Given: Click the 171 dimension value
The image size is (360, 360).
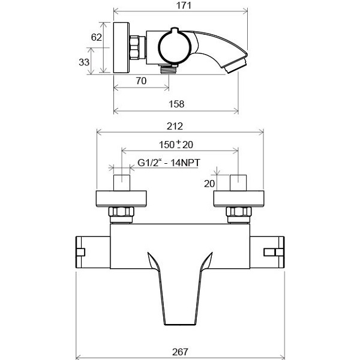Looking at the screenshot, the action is point(184,5).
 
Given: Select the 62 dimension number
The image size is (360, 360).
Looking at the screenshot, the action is point(96,37).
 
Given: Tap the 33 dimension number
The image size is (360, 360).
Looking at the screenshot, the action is point(84,62).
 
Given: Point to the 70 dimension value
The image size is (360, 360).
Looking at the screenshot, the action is point(141,81).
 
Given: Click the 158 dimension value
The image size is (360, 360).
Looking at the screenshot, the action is point(176,104).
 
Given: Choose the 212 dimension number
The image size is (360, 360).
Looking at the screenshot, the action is point(175,126).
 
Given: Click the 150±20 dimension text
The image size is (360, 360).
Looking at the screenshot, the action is point(176,145).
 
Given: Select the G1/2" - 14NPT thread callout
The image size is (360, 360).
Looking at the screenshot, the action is point(169,163).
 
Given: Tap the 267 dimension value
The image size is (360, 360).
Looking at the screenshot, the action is point(180,352).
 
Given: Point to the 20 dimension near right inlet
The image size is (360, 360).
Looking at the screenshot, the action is point(209,184).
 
